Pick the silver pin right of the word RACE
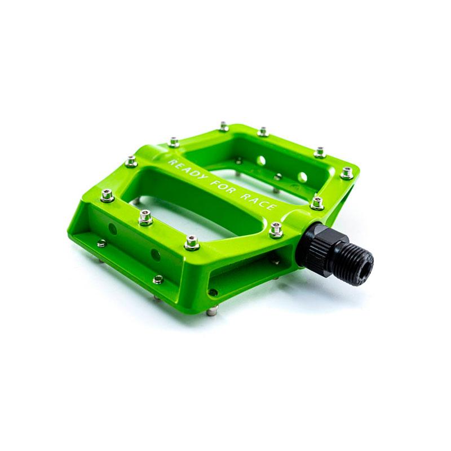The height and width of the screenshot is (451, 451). (317, 203)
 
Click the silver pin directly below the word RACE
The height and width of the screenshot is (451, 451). (276, 229)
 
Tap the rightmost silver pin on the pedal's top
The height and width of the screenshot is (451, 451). (347, 173)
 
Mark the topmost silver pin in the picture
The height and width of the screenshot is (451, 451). (224, 126)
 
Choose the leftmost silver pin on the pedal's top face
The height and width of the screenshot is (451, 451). (107, 195)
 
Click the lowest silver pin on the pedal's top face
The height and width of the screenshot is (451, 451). (192, 242)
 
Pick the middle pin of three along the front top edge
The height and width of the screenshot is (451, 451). (145, 216)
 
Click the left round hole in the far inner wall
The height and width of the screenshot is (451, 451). (261, 160)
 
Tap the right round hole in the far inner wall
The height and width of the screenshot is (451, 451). (303, 176)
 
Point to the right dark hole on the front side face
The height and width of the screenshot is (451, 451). (155, 255)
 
